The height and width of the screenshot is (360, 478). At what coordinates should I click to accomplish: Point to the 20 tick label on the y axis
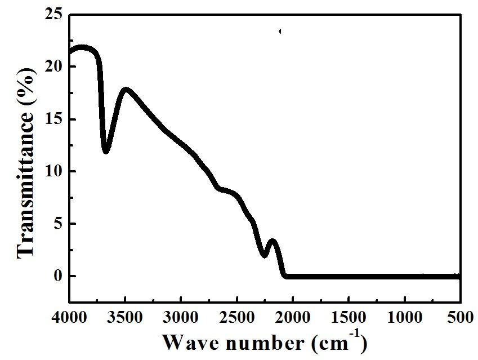[x=55, y=66]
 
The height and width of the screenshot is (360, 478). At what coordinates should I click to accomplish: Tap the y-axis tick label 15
[x=55, y=119]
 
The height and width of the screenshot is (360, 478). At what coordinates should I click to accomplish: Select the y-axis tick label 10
[x=55, y=171]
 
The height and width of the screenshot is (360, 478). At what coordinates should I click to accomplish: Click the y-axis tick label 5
[x=59, y=224]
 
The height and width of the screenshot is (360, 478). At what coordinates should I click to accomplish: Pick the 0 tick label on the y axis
[x=59, y=276]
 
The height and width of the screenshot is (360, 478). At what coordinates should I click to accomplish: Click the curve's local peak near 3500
[x=126, y=90]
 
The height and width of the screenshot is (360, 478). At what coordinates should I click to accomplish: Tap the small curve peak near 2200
[x=273, y=242]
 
